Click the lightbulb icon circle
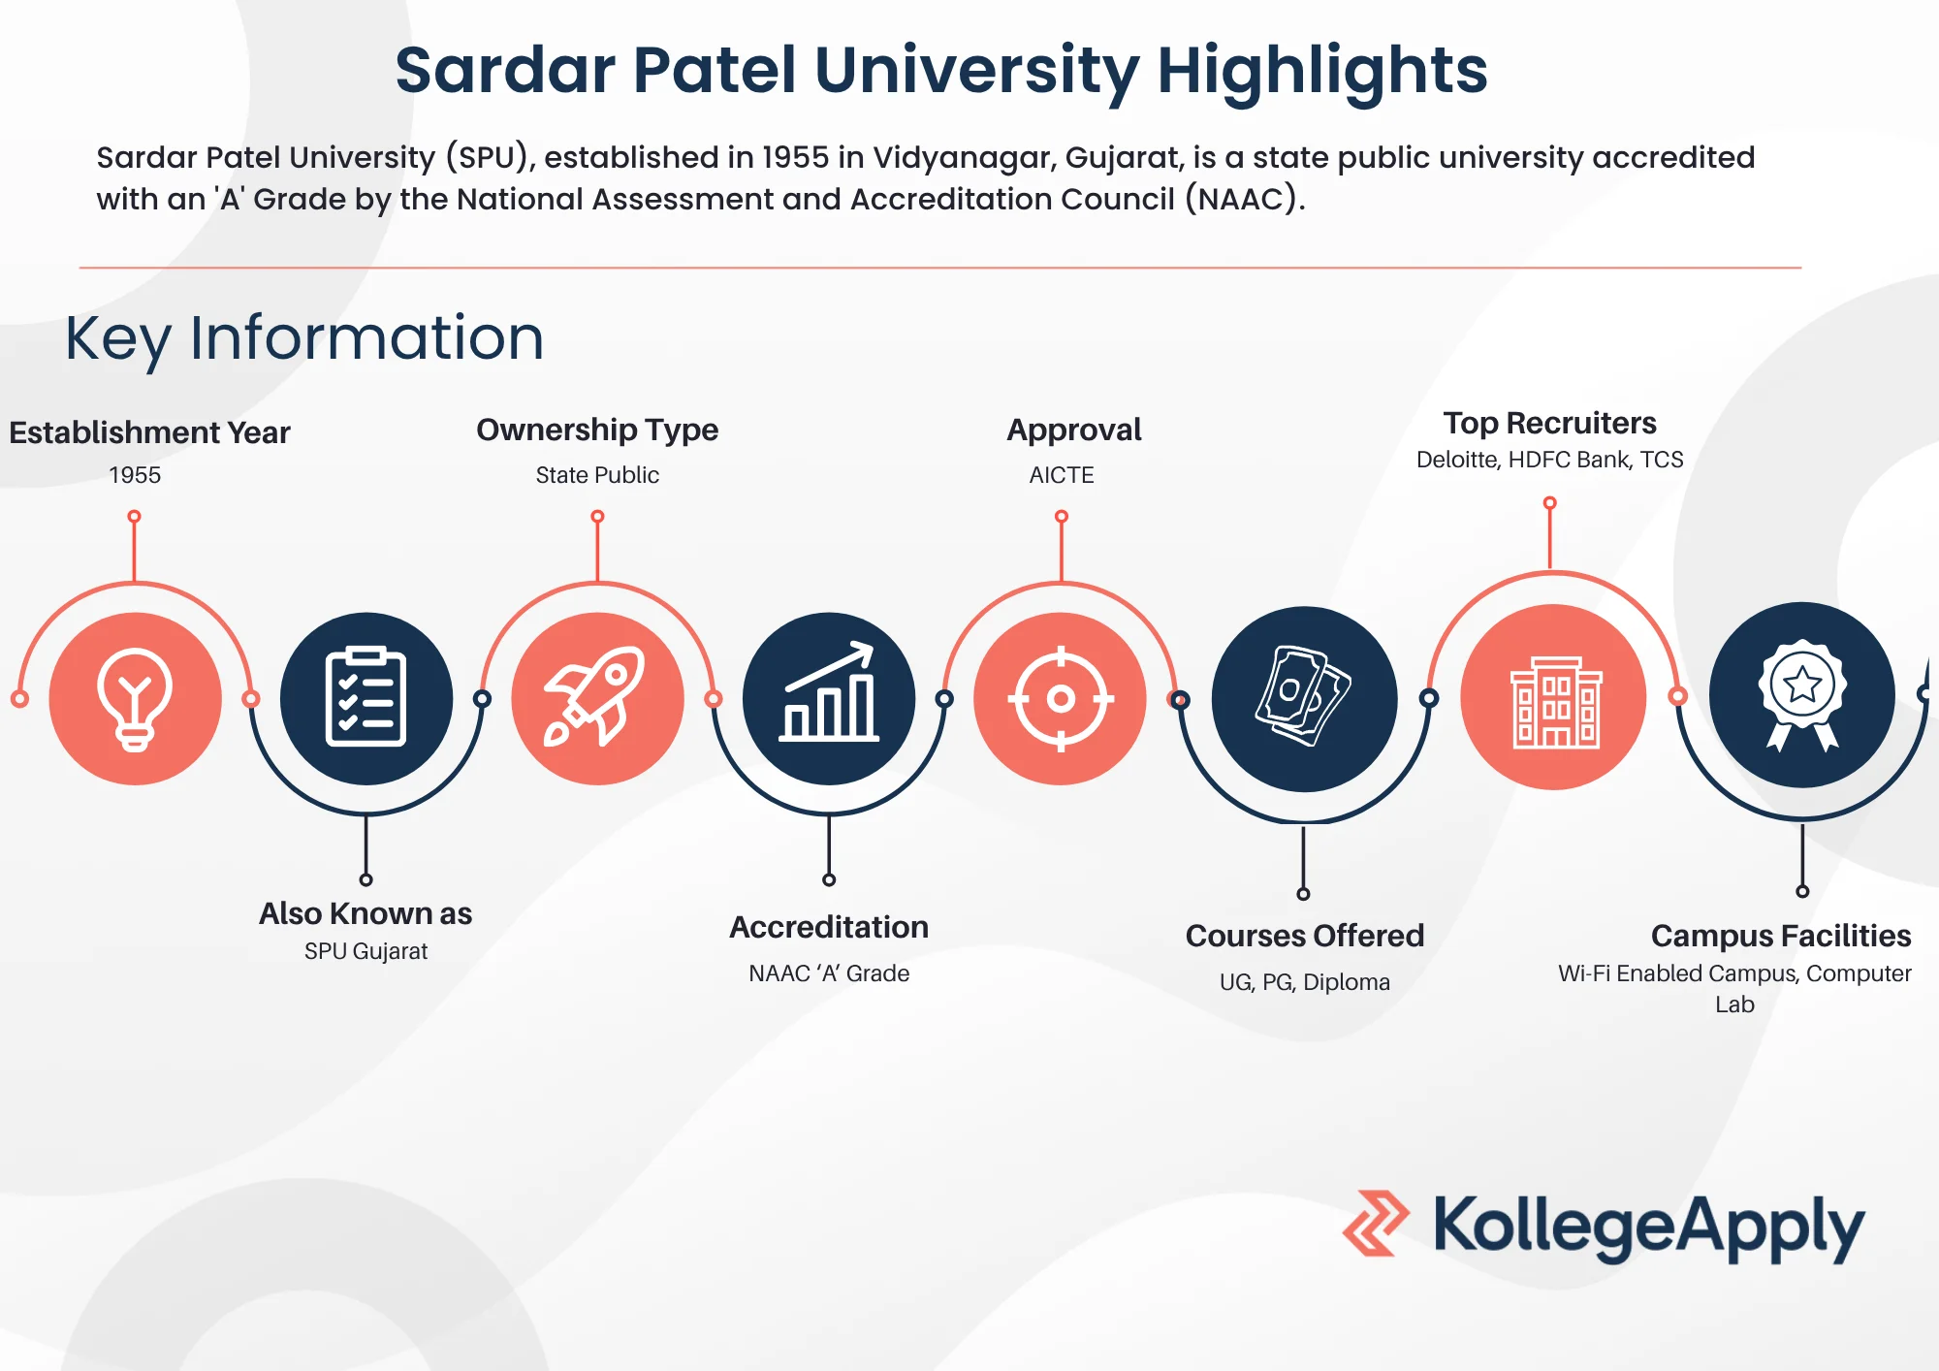(x=135, y=698)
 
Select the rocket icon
(x=595, y=696)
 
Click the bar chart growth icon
(x=829, y=692)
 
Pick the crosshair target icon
(x=1061, y=698)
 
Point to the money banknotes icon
(x=1303, y=696)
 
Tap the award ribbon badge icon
(x=1802, y=694)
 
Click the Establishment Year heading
(x=149, y=432)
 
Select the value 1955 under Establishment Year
(x=135, y=475)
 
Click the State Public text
(x=597, y=475)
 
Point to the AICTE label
(x=1062, y=475)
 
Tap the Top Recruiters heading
(x=1549, y=423)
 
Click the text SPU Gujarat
(x=366, y=951)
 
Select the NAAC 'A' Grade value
(x=829, y=973)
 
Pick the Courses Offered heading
(x=1305, y=936)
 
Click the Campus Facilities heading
(x=1781, y=936)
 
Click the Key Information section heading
(x=304, y=338)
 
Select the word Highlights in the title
(x=1322, y=72)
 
